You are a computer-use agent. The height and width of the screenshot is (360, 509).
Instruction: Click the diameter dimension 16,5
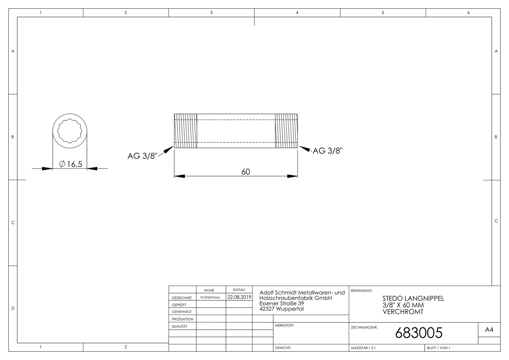(71, 164)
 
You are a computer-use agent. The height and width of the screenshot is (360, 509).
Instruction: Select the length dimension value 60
(246, 172)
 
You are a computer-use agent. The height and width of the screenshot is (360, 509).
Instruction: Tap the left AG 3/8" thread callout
(143, 156)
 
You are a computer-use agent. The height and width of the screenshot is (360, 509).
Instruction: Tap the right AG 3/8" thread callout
(327, 151)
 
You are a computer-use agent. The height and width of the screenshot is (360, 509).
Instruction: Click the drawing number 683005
(419, 333)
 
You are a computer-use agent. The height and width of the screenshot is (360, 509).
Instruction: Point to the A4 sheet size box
(489, 330)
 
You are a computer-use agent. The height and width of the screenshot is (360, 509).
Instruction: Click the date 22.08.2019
(239, 297)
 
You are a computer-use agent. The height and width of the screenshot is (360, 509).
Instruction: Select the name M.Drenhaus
(210, 297)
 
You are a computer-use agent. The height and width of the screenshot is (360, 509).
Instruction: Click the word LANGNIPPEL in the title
(425, 298)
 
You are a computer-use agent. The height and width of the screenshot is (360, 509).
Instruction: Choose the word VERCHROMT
(403, 312)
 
